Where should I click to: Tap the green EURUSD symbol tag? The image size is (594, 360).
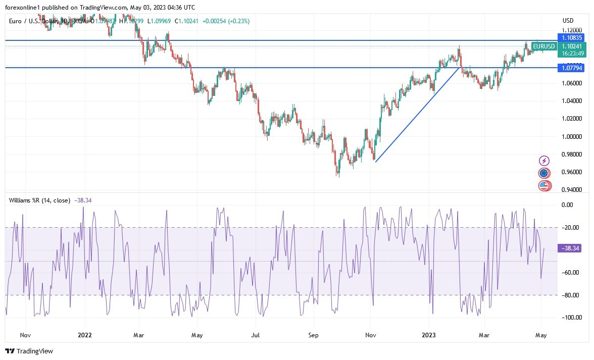pyautogui.click(x=543, y=46)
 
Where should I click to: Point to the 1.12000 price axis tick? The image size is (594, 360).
pyautogui.click(x=571, y=30)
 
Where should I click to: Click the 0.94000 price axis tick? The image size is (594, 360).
pyautogui.click(x=571, y=190)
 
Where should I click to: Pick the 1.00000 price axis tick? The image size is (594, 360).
pyautogui.click(x=571, y=136)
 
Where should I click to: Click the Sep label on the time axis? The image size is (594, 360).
pyautogui.click(x=314, y=335)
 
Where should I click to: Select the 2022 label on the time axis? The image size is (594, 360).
pyautogui.click(x=85, y=335)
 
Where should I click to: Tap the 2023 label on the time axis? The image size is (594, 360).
pyautogui.click(x=429, y=335)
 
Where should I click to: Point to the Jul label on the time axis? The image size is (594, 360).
pyautogui.click(x=256, y=335)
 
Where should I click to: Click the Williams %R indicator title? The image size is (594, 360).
pyautogui.click(x=39, y=200)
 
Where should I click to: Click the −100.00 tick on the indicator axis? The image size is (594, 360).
pyautogui.click(x=570, y=318)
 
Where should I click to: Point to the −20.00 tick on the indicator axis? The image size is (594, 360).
pyautogui.click(x=570, y=227)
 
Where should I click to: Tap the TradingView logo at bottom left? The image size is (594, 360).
pyautogui.click(x=29, y=351)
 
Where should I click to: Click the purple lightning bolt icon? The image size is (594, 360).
pyautogui.click(x=544, y=161)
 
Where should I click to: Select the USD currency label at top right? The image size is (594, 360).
pyautogui.click(x=568, y=21)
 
